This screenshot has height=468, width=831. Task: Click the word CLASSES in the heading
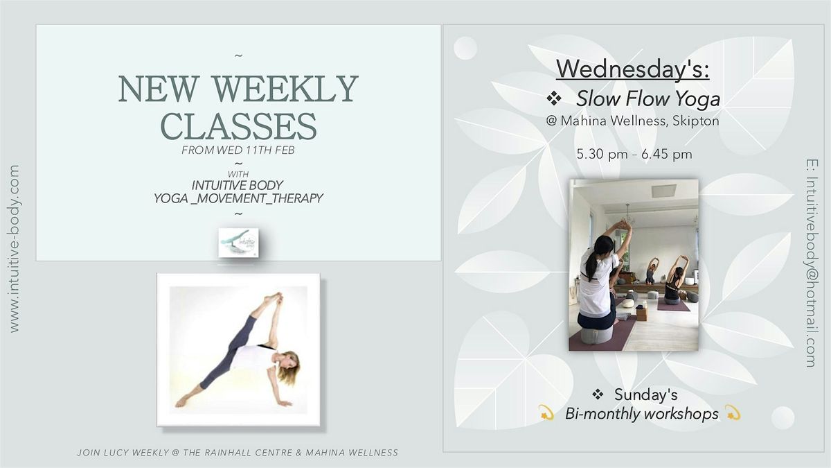pyautogui.click(x=238, y=126)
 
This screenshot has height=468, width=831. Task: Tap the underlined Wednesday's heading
pyautogui.click(x=632, y=69)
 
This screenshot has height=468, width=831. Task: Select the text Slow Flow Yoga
pyautogui.click(x=648, y=98)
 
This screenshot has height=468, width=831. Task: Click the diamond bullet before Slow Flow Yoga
pyautogui.click(x=554, y=98)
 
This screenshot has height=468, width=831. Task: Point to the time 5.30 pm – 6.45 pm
pyautogui.click(x=634, y=154)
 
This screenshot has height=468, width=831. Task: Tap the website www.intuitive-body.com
pyautogui.click(x=14, y=248)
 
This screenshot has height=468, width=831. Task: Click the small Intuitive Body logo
pyautogui.click(x=238, y=243)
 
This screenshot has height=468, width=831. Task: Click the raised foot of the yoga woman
pyautogui.click(x=273, y=297)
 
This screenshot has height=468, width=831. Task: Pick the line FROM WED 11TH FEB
pyautogui.click(x=238, y=150)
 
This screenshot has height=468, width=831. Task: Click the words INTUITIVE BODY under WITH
pyautogui.click(x=238, y=185)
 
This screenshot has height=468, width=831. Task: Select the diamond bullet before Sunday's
pyautogui.click(x=598, y=394)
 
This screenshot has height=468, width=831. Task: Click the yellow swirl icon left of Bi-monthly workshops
pyautogui.click(x=546, y=413)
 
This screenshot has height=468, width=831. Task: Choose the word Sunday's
pyautogui.click(x=646, y=395)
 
